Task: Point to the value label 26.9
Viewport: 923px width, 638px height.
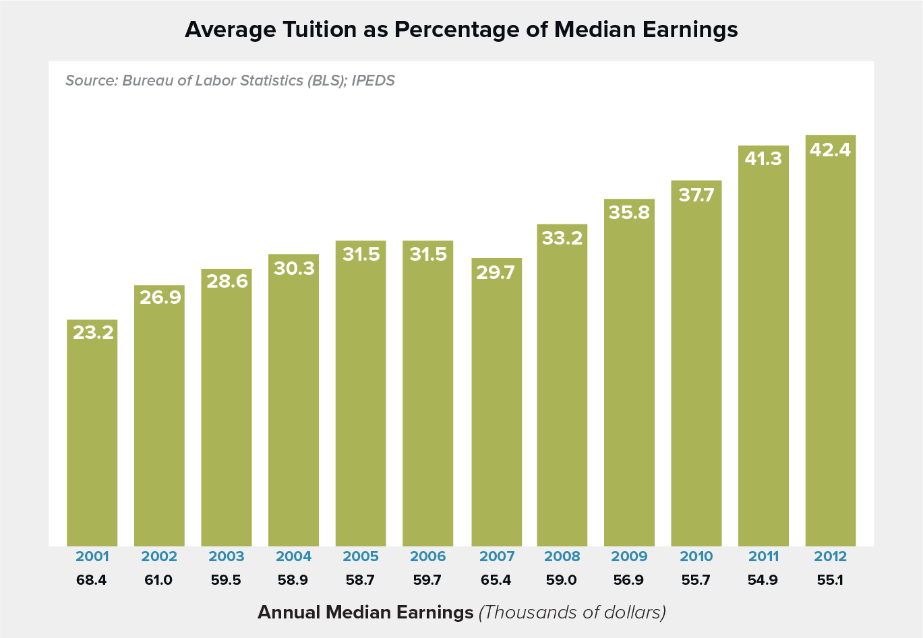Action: (160, 297)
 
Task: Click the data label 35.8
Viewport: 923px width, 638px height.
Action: (629, 212)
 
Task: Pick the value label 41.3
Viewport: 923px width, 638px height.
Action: (763, 158)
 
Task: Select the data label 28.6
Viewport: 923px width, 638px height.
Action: (227, 281)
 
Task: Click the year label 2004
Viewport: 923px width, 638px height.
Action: (294, 556)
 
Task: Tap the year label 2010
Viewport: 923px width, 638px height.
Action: (696, 556)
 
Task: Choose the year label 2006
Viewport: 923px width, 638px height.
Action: (428, 556)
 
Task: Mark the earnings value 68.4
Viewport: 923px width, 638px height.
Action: (92, 580)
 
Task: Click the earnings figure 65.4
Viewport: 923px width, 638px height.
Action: (496, 580)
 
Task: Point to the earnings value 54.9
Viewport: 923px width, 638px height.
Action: (763, 580)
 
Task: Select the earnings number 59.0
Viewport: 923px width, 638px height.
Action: (562, 580)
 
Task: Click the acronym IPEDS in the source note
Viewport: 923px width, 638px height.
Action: (373, 81)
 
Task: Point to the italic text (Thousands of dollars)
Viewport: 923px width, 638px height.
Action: (572, 612)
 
